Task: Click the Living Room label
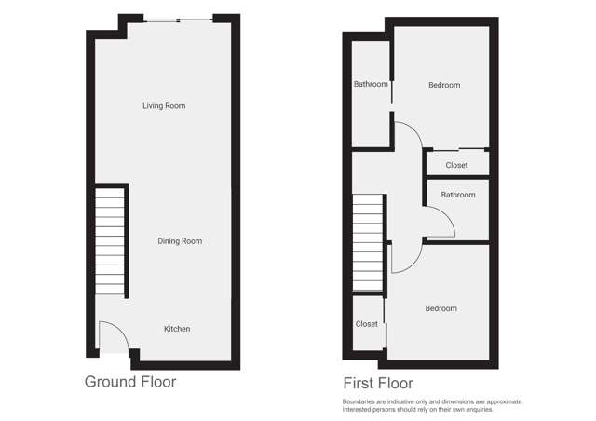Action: pos(164,106)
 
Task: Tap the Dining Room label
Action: pos(179,241)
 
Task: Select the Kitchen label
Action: pos(177,329)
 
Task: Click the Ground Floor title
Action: pos(130,382)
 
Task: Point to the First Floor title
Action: pos(378,383)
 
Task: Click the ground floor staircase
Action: pos(111,240)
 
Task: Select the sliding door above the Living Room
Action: pos(179,20)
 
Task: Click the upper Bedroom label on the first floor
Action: pos(444,86)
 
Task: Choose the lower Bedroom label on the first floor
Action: pos(440,308)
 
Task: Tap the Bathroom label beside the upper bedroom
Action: pos(371,85)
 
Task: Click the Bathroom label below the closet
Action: pos(458,195)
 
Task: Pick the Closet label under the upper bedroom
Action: pos(456,166)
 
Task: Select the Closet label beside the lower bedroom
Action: pos(367,324)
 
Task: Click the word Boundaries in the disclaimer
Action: pos(362,402)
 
